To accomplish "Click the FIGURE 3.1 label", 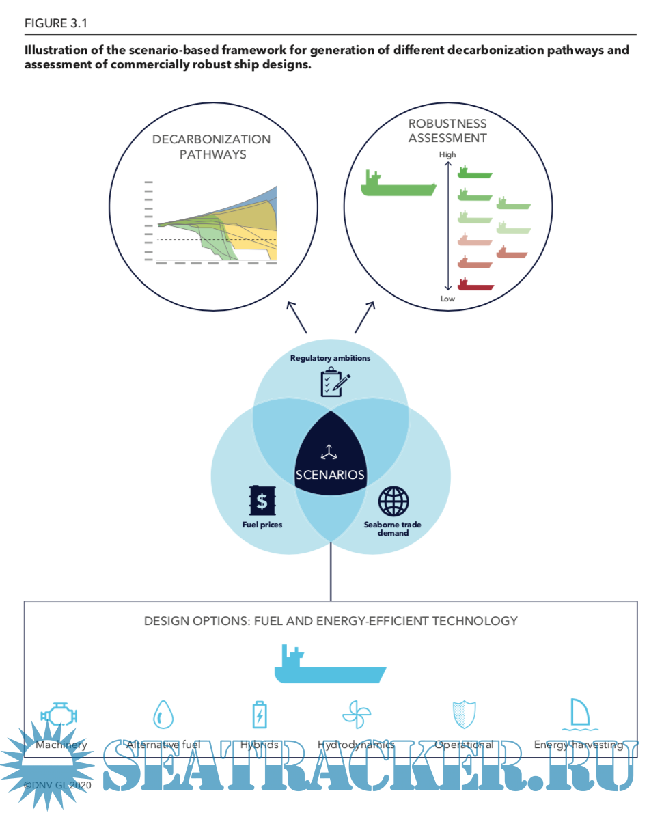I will [x=56, y=24].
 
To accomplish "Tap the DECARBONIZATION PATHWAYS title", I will [x=212, y=147].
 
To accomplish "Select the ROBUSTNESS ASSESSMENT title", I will [x=447, y=130].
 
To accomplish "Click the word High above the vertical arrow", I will [x=447, y=155].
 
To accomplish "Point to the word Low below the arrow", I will [x=447, y=299].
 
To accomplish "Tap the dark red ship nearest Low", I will [x=475, y=284].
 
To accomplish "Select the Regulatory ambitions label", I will [x=331, y=358].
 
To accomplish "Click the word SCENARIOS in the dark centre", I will [x=330, y=475].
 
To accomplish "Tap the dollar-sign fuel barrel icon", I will [x=262, y=501].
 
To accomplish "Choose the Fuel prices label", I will [x=262, y=525].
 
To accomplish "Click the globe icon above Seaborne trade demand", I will [x=393, y=501].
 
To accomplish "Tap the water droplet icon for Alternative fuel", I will [x=163, y=714].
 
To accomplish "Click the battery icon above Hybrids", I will [x=260, y=715].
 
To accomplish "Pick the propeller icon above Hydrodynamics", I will [x=356, y=715].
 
